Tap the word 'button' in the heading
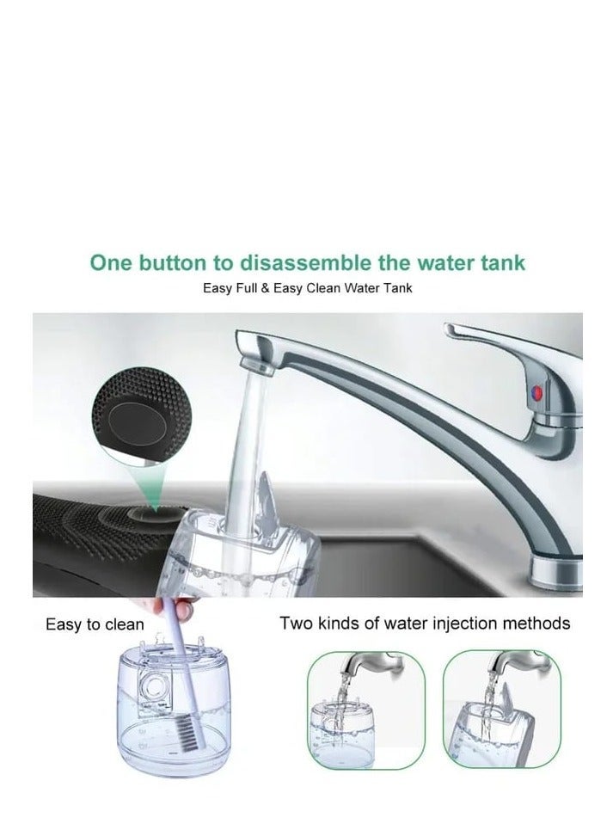pos(173,263)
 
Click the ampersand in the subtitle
pos(265,288)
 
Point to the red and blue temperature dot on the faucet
pos(536,393)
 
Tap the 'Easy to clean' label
pos(95,624)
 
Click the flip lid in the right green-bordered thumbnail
pos(503,699)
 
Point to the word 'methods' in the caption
pos(537,624)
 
